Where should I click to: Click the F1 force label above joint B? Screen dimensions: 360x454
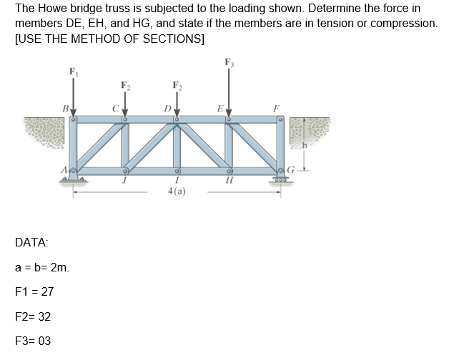[71, 71]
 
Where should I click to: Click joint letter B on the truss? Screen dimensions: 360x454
[64, 110]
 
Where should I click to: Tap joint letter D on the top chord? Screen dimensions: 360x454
[167, 110]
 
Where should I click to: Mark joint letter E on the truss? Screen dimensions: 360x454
[220, 110]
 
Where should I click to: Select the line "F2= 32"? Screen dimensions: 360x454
[32, 316]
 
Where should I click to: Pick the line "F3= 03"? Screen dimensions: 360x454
[32, 341]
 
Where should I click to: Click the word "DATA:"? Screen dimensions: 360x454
[31, 244]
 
